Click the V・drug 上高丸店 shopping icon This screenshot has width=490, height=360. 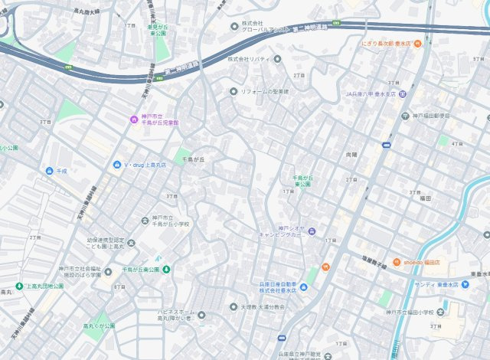[x=116, y=165]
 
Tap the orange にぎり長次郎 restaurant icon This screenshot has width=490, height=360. [x=418, y=44]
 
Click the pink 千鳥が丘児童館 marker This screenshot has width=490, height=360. [x=132, y=119]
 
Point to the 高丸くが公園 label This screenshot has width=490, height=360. [x=99, y=326]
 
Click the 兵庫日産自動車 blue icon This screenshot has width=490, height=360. [x=304, y=287]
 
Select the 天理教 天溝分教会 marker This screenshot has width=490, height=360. [x=234, y=306]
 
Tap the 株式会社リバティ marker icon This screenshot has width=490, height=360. [x=277, y=58]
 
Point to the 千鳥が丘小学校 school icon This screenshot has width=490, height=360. [x=145, y=221]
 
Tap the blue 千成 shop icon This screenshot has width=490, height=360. [x=49, y=171]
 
